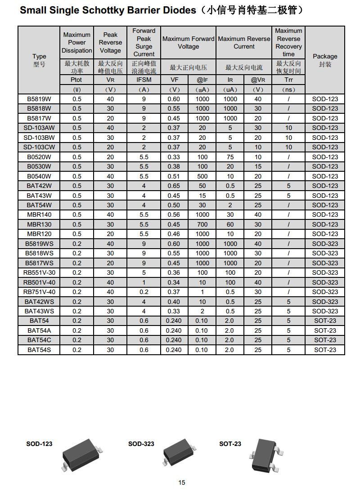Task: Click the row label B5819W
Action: coord(39,99)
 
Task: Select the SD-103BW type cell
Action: coord(39,138)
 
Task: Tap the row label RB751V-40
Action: coord(39,292)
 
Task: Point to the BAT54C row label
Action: coord(39,340)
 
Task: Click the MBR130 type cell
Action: coord(39,224)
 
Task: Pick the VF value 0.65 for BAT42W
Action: coord(174,186)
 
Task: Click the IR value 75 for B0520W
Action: coord(230,157)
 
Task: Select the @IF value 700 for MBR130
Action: coord(202,224)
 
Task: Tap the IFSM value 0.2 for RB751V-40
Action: coord(144,292)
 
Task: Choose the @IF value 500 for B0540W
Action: coord(202,176)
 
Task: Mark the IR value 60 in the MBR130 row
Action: coord(230,224)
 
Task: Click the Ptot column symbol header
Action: coord(77,80)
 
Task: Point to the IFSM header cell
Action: coord(144,80)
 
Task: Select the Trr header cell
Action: coord(288,80)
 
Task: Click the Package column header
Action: coord(325,60)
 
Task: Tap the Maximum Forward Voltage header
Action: coord(188,43)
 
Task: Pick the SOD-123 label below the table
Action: coord(39,444)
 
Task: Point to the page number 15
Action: coord(182,482)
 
